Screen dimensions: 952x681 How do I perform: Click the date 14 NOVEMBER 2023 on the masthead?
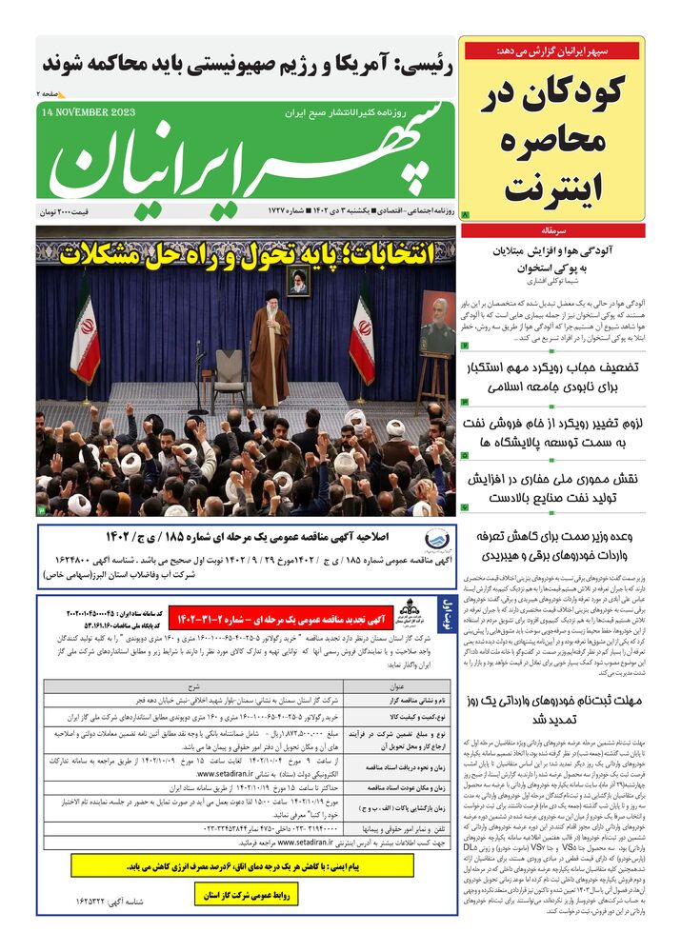[x=90, y=111]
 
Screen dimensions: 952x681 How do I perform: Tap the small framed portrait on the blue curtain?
[x=298, y=281]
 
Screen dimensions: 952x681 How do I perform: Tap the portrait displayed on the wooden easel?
[x=437, y=324]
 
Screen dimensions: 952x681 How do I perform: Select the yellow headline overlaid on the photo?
[x=248, y=254]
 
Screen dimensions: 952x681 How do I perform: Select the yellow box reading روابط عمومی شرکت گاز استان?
[x=247, y=895]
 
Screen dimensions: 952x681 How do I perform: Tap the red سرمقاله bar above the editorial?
[x=551, y=230]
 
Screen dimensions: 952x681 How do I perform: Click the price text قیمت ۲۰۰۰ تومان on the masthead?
[x=80, y=209]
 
